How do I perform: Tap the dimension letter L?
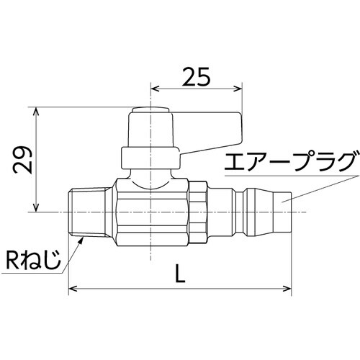[x=180, y=274]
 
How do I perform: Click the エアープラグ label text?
[x=288, y=159]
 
